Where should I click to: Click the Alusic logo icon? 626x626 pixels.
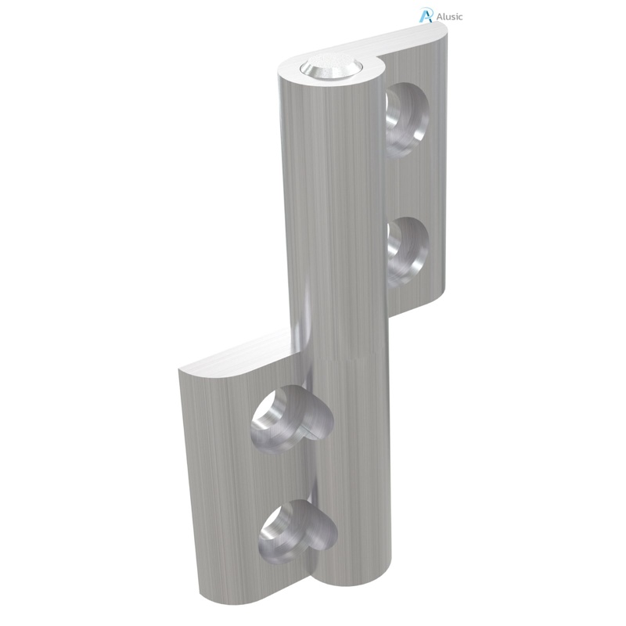(426, 15)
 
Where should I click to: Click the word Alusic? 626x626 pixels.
(448, 16)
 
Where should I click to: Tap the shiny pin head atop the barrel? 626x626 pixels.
(328, 68)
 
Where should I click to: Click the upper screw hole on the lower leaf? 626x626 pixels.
(286, 416)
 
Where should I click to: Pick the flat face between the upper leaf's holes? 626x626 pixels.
(415, 184)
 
